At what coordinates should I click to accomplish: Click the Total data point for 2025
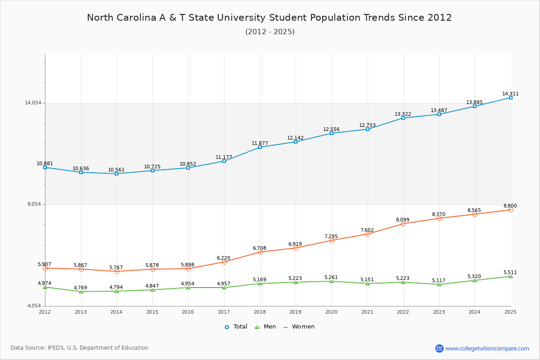tap(511, 98)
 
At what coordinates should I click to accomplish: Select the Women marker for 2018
tap(260, 252)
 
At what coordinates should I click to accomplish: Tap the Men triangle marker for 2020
tap(332, 281)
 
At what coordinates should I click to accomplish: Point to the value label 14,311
tap(510, 94)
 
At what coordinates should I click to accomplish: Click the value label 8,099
tap(403, 220)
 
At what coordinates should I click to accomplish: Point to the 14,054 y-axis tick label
tap(33, 103)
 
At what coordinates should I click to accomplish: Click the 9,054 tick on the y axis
tap(34, 204)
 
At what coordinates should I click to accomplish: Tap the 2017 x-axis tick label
tap(224, 312)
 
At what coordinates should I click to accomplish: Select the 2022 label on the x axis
tap(403, 312)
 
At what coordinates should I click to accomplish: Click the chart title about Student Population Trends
tap(269, 18)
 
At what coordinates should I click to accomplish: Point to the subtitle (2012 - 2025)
tap(270, 31)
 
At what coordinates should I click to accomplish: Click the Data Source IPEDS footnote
tap(80, 348)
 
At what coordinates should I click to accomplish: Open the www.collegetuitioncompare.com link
tap(487, 348)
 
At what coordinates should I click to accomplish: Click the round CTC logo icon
tap(439, 348)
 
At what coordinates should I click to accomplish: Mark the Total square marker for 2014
tap(117, 174)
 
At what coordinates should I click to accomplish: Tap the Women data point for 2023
tap(439, 218)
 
